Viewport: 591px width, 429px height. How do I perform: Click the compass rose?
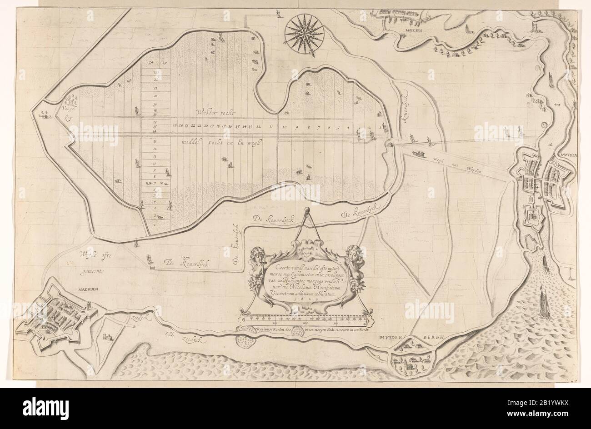point(304,31)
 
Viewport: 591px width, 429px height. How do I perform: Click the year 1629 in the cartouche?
point(297,300)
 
